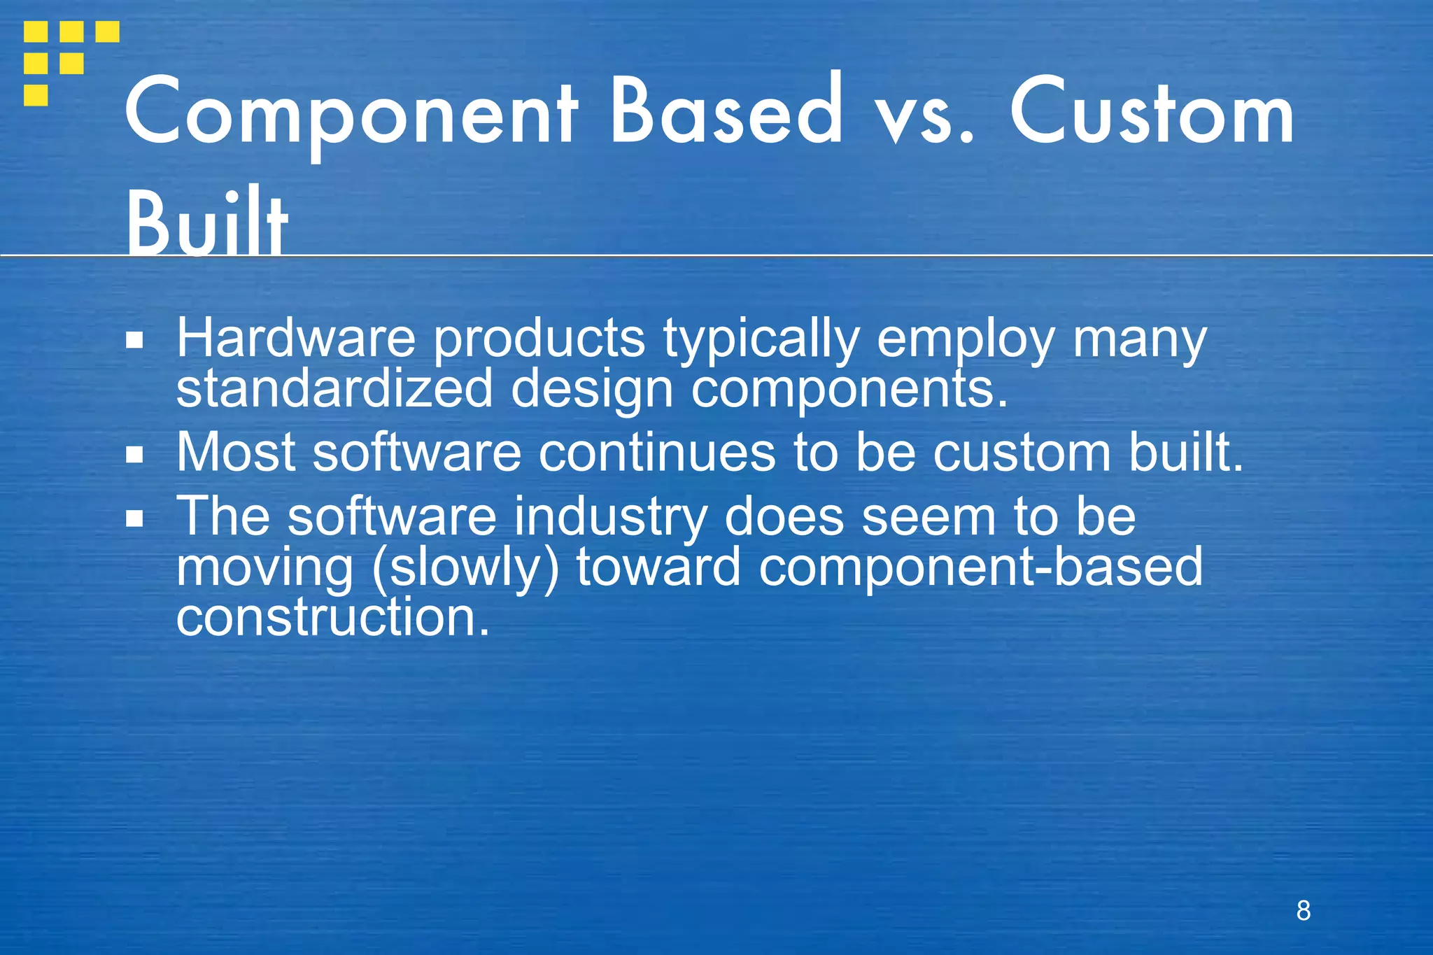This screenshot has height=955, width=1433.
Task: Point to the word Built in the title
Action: [x=207, y=221]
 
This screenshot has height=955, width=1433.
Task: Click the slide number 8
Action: [x=1303, y=910]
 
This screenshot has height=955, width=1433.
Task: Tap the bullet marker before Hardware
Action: [x=134, y=341]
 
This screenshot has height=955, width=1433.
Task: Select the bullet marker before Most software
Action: [x=134, y=455]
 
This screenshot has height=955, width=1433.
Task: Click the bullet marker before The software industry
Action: [x=134, y=518]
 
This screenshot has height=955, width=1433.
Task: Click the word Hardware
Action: [x=296, y=339]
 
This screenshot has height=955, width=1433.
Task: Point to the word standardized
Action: [x=334, y=389]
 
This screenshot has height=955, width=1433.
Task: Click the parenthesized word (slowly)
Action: [x=465, y=567]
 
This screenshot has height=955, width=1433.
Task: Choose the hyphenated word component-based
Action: [x=980, y=567]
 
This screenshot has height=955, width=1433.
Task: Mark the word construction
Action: [x=332, y=618]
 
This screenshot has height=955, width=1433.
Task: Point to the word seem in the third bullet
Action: [x=929, y=517]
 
